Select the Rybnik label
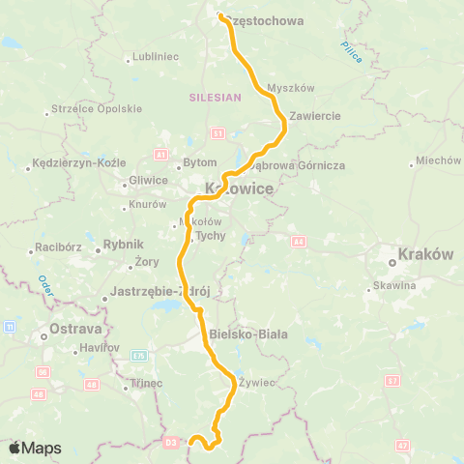point(123,246)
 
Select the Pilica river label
point(351,53)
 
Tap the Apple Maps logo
point(35,448)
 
